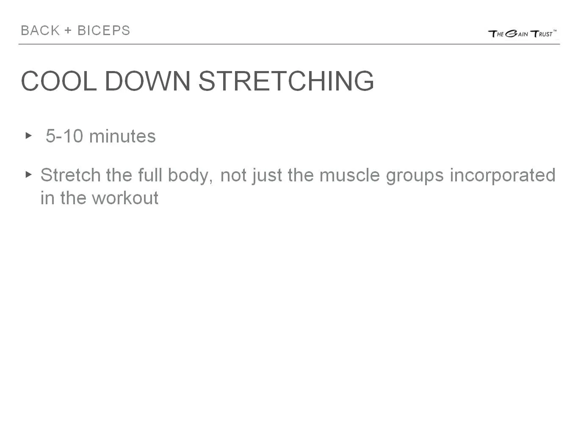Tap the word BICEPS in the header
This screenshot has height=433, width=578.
[x=104, y=30]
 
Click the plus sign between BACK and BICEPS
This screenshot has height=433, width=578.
[x=68, y=30]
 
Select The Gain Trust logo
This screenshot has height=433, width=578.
[x=522, y=33]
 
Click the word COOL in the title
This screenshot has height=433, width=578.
[x=58, y=81]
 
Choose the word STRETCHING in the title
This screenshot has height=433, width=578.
[x=286, y=81]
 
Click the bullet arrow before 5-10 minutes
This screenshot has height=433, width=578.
[x=29, y=136]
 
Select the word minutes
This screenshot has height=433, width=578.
[x=122, y=136]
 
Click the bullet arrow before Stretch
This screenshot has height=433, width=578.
[x=29, y=174]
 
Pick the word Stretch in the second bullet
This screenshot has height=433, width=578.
[x=70, y=175]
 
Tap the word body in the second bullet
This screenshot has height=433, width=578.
[x=189, y=175]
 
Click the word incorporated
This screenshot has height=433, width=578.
[x=502, y=175]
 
